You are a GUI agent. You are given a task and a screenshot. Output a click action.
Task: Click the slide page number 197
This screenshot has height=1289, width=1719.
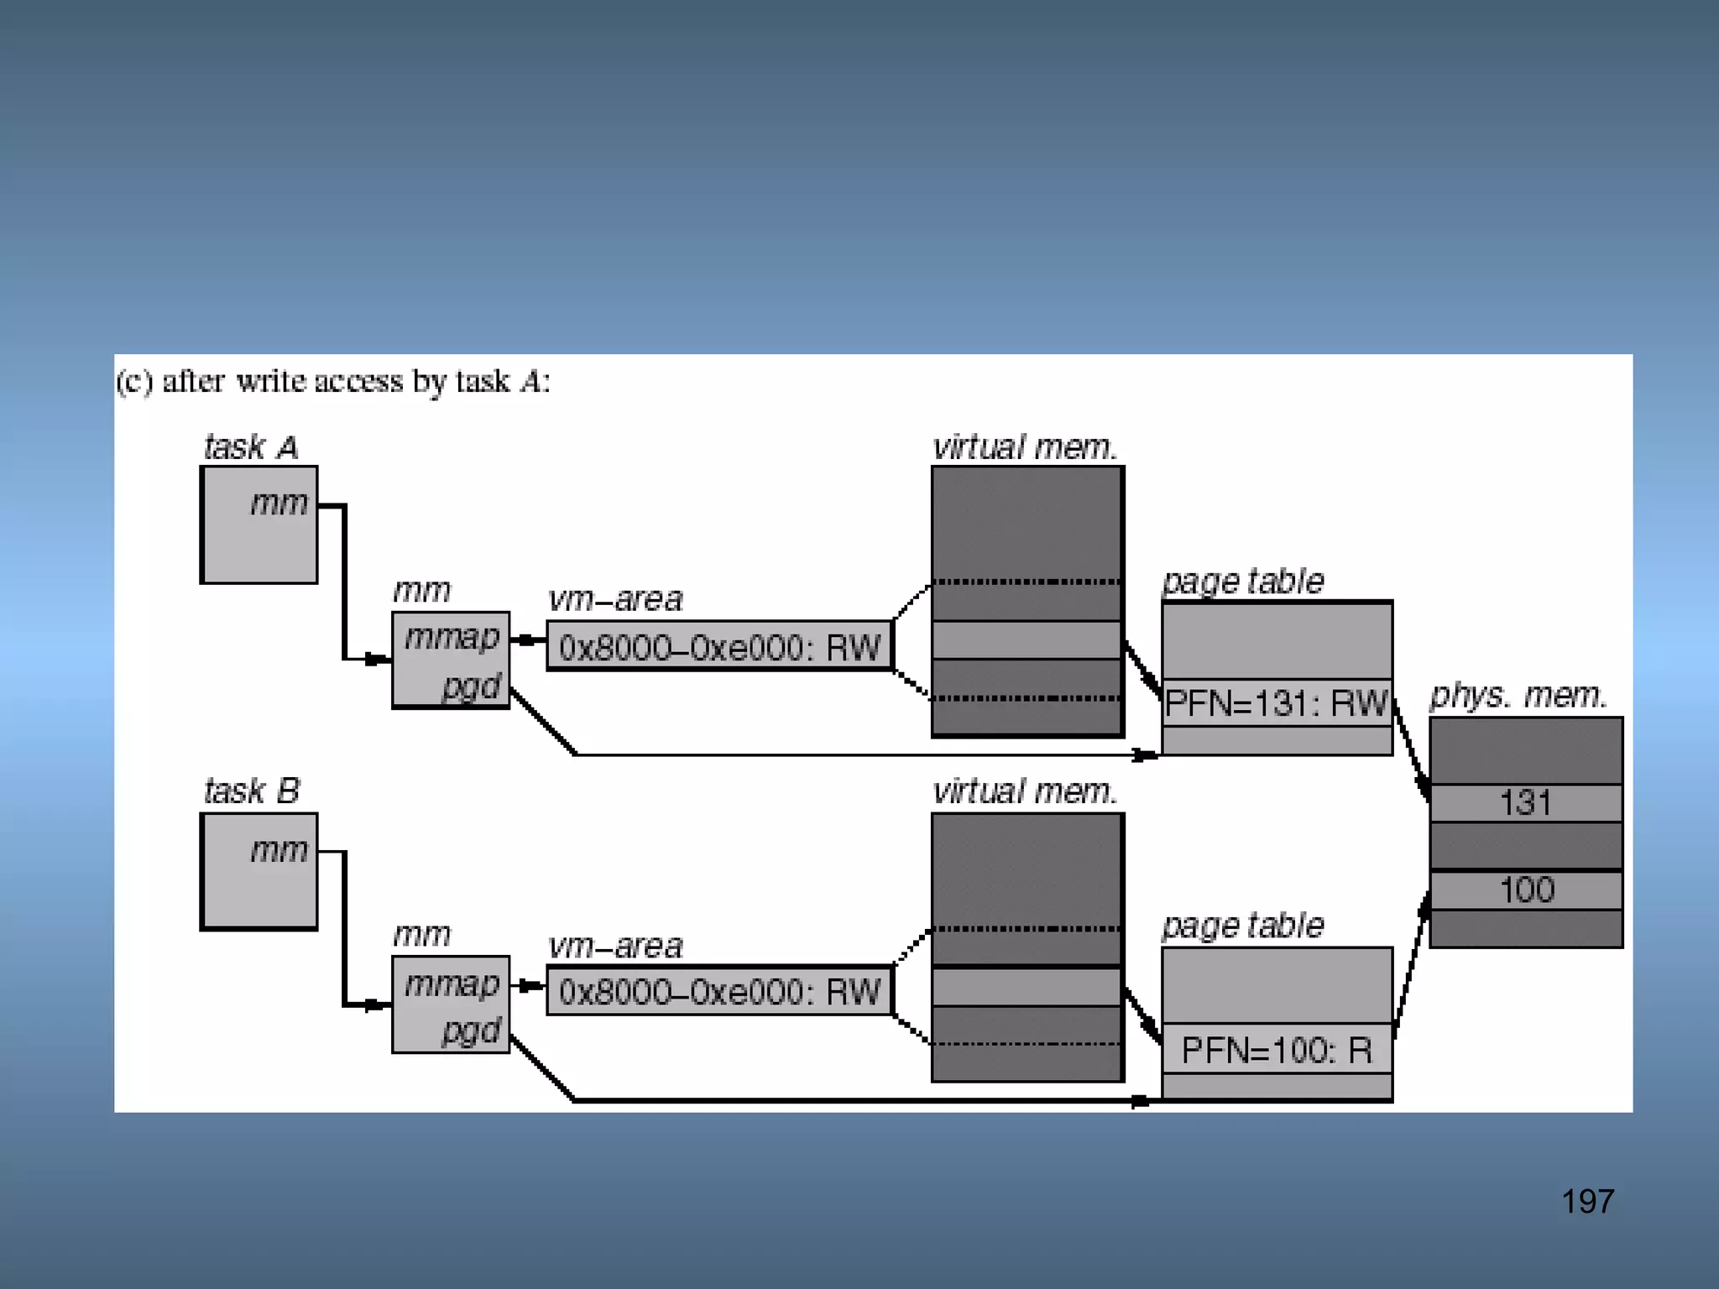click(x=1587, y=1202)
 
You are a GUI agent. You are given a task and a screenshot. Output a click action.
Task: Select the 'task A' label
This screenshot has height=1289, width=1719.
click(x=251, y=447)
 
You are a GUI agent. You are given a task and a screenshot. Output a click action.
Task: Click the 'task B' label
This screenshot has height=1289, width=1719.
click(x=251, y=791)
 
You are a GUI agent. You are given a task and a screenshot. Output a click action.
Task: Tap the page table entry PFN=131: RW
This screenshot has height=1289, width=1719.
click(x=1276, y=703)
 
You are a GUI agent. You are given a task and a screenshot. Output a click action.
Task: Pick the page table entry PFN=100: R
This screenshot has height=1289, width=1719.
click(x=1276, y=1050)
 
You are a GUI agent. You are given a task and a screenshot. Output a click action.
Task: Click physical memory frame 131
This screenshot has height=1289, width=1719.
click(x=1525, y=803)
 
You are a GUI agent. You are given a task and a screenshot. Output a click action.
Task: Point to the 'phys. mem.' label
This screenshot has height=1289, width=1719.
click(x=1518, y=696)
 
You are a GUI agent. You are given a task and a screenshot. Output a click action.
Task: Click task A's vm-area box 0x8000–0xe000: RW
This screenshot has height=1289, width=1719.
click(x=719, y=647)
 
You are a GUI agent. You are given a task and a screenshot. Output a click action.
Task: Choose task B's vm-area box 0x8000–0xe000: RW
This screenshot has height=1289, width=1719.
click(x=719, y=992)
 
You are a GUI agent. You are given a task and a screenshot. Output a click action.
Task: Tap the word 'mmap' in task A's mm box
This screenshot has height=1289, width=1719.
click(x=452, y=638)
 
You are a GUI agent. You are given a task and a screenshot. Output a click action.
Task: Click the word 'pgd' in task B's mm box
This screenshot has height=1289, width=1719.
click(x=471, y=1031)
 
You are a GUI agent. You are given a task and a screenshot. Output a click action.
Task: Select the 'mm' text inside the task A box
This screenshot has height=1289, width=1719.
click(x=279, y=504)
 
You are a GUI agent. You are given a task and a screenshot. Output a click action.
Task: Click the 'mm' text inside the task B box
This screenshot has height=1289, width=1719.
click(x=279, y=851)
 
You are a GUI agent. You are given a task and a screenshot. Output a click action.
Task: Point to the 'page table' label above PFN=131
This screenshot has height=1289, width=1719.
click(x=1243, y=581)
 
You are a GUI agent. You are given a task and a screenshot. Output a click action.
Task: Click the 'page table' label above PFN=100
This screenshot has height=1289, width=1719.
click(x=1243, y=926)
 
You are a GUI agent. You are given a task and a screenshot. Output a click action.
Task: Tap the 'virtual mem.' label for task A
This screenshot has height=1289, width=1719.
click(x=1025, y=447)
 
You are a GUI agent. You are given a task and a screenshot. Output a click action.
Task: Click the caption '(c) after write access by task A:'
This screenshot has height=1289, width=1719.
click(x=333, y=382)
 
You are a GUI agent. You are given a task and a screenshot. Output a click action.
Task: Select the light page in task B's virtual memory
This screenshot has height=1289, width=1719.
click(x=1027, y=987)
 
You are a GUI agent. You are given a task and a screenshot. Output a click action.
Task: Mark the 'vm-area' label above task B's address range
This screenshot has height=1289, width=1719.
click(x=615, y=947)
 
